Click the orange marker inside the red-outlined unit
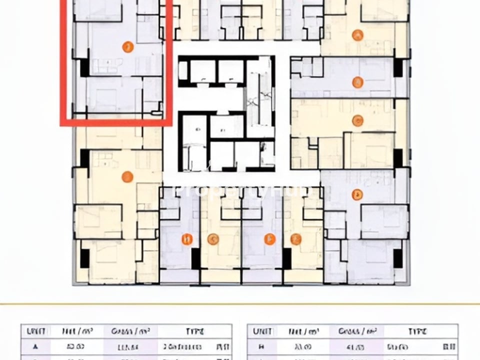tap(128, 47)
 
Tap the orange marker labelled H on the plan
tap(187, 239)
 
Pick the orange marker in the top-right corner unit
tap(357, 35)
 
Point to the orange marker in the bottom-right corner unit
tap(357, 194)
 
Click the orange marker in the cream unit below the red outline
tap(127, 176)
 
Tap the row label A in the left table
tap(35, 346)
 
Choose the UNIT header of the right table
tap(262, 331)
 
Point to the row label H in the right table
tap(262, 346)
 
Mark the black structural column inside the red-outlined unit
tap(84, 65)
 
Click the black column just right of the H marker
tap(196, 257)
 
